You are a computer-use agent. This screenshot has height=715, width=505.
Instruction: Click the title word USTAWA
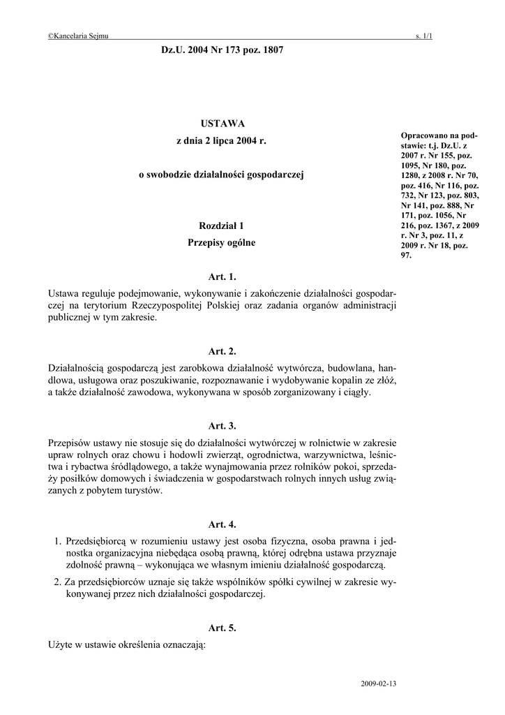[x=222, y=124]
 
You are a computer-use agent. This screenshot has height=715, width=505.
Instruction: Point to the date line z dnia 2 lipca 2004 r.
[x=222, y=140]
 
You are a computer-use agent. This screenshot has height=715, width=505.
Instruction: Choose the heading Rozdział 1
[x=222, y=226]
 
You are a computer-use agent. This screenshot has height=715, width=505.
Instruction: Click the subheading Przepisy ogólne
[x=222, y=243]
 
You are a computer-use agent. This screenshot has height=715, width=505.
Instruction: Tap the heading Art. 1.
[x=223, y=277]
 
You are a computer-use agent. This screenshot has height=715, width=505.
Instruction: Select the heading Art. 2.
[x=223, y=351]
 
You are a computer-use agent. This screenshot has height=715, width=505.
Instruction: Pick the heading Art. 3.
[x=223, y=425]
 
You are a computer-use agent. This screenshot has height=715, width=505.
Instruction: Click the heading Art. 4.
[x=223, y=524]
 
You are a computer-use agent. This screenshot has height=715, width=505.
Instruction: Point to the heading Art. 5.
[x=223, y=628]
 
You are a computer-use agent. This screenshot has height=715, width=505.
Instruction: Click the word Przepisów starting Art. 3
[x=70, y=442]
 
